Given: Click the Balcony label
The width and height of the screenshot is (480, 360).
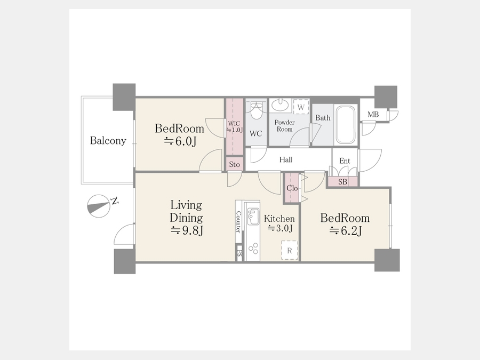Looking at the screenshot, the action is click(x=108, y=140).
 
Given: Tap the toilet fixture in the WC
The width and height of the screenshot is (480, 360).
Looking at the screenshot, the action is click(x=256, y=111).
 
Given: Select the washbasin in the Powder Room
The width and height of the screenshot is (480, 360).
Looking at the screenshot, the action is click(x=280, y=105).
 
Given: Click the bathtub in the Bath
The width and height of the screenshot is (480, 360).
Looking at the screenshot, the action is click(x=345, y=125).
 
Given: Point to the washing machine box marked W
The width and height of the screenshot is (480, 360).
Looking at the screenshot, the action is click(x=301, y=107).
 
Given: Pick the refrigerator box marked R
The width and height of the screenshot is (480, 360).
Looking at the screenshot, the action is click(x=290, y=251).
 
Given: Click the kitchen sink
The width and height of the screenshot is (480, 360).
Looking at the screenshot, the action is click(x=253, y=216).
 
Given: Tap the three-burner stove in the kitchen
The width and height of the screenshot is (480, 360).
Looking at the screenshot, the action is click(x=253, y=249).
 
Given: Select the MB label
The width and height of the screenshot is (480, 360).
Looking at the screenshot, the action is click(x=373, y=115).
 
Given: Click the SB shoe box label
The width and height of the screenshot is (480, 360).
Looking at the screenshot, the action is click(x=343, y=182).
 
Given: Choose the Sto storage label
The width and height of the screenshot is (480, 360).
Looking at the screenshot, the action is click(x=235, y=164).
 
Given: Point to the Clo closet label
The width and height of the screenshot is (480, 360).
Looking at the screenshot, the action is click(x=292, y=188).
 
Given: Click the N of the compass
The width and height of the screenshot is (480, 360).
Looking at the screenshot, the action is click(x=115, y=201).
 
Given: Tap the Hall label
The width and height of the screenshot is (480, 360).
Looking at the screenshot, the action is click(x=286, y=159).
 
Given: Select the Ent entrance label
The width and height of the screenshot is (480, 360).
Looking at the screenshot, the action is click(x=345, y=161).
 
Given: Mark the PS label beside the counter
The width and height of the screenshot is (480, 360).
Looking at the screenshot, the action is click(x=239, y=254).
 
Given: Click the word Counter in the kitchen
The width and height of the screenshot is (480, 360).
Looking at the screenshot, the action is click(x=238, y=222).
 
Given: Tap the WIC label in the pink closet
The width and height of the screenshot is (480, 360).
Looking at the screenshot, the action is click(x=234, y=124).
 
